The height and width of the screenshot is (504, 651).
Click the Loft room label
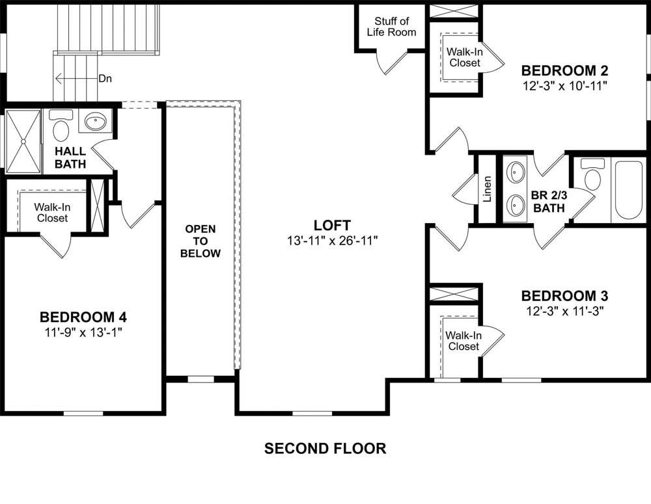332,225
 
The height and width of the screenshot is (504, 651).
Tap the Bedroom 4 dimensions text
83,332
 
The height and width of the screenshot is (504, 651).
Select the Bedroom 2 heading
564,70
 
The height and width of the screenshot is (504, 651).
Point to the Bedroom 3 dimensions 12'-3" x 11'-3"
564,311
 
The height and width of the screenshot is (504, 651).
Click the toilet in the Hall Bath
61,126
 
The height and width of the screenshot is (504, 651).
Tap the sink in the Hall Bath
96,122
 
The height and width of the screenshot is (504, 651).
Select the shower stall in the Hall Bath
23,142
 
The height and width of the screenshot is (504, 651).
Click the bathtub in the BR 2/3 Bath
629,190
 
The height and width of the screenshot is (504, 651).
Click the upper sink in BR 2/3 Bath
516,172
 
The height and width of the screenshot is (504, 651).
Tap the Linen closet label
488,189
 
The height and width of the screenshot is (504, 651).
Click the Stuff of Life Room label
391,27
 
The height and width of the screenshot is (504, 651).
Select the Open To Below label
200,241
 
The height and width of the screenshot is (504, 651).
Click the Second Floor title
325,449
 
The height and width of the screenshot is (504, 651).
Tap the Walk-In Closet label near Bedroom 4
52,213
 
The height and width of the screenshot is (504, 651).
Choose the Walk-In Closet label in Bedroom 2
465,57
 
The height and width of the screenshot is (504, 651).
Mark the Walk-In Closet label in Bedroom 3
464,341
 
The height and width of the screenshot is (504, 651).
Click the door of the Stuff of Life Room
393,64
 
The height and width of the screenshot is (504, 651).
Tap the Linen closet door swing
464,189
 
